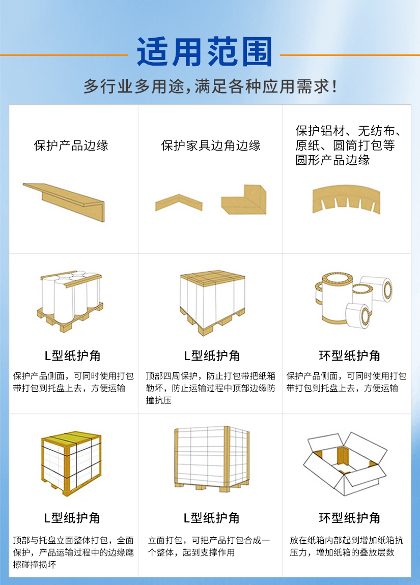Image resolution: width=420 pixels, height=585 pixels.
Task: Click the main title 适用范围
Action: [x=204, y=52]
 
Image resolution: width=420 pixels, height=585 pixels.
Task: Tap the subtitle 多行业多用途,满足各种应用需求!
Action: [x=210, y=86]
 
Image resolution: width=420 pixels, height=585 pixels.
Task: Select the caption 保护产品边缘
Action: [x=71, y=145]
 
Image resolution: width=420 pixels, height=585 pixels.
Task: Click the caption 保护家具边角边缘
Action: [x=211, y=145]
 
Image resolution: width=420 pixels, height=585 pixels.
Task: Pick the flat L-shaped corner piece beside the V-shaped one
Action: [x=244, y=200]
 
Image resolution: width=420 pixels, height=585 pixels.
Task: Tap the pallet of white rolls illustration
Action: [x=70, y=302]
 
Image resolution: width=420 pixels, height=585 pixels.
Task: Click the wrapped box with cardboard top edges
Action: [x=212, y=302]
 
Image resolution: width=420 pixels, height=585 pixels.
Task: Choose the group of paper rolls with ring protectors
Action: [x=353, y=300]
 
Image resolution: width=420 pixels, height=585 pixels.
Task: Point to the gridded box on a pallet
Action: [x=212, y=458]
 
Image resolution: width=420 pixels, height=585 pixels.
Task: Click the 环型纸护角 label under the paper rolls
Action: [x=349, y=356]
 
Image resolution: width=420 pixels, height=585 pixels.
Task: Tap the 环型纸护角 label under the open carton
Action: [x=349, y=518]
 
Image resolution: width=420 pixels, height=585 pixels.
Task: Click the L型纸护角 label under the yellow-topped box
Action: [x=72, y=518]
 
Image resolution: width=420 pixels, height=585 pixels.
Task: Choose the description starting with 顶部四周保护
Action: [x=211, y=388]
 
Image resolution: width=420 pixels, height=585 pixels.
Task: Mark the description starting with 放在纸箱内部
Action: [x=346, y=546]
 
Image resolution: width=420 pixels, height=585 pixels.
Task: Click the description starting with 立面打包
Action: [x=209, y=546]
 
